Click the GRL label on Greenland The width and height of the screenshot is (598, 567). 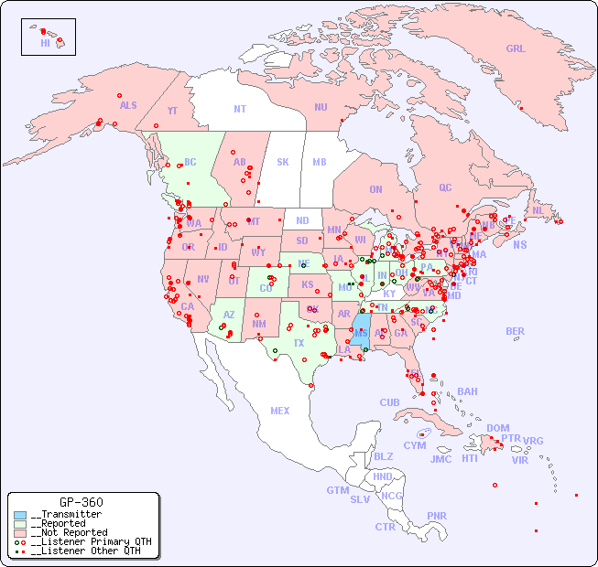pyautogui.click(x=516, y=49)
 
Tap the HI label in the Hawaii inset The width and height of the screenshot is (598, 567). pyautogui.click(x=45, y=43)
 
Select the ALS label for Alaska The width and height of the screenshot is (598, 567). pyautogui.click(x=128, y=105)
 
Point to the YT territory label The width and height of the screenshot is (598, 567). pyautogui.click(x=172, y=111)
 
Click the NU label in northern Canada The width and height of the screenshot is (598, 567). pyautogui.click(x=321, y=107)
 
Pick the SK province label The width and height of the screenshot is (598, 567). pyautogui.click(x=283, y=162)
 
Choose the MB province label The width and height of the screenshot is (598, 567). pyautogui.click(x=319, y=162)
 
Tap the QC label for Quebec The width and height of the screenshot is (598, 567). pyautogui.click(x=445, y=187)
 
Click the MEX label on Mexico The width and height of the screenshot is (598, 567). pyautogui.click(x=280, y=411)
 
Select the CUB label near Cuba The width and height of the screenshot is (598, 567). pyautogui.click(x=390, y=402)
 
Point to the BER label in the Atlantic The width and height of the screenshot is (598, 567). pyautogui.click(x=516, y=331)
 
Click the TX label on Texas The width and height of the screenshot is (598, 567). pyautogui.click(x=299, y=343)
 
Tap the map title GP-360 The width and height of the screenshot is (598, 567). pyautogui.click(x=81, y=502)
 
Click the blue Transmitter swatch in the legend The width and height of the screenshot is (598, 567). pyautogui.click(x=20, y=515)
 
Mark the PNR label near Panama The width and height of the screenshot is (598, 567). pyautogui.click(x=437, y=516)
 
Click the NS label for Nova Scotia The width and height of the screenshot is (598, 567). pyautogui.click(x=519, y=244)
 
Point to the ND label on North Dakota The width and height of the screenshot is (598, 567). pyautogui.click(x=302, y=220)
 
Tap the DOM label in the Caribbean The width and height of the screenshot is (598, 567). pyautogui.click(x=498, y=428)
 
